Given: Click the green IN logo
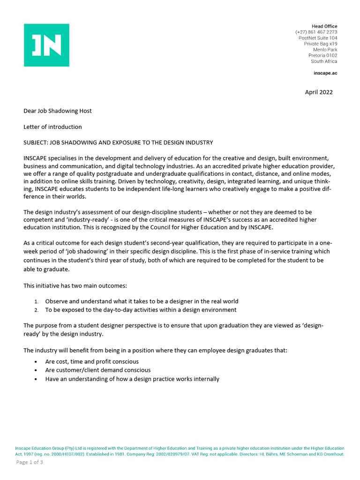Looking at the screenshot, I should pos(46,45).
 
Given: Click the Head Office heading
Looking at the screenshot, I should pos(324,26).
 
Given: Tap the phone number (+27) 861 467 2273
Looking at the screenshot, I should pos(316,32).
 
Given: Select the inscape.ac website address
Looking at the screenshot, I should pos(325,73).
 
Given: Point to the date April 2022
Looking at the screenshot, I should pos(319,92).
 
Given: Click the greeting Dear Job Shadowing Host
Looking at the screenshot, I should pos(58,111).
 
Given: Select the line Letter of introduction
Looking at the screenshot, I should pos(52,127).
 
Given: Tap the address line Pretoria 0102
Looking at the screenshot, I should pos(322,55).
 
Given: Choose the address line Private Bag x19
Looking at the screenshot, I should pos(320,44).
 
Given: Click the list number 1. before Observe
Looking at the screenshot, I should pos(37,301).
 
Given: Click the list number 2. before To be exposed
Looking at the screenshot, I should pos(37,310).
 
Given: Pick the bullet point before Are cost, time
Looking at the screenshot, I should pos(37,362).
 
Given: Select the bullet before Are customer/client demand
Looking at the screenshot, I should pos(37,370).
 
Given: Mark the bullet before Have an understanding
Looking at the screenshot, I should pos(37,379).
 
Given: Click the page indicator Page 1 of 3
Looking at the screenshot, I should pos(30,462).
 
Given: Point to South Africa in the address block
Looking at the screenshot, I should pos(323,61).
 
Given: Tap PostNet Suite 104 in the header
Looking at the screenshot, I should pos(317,38).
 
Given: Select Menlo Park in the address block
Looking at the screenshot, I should pos(325,50).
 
